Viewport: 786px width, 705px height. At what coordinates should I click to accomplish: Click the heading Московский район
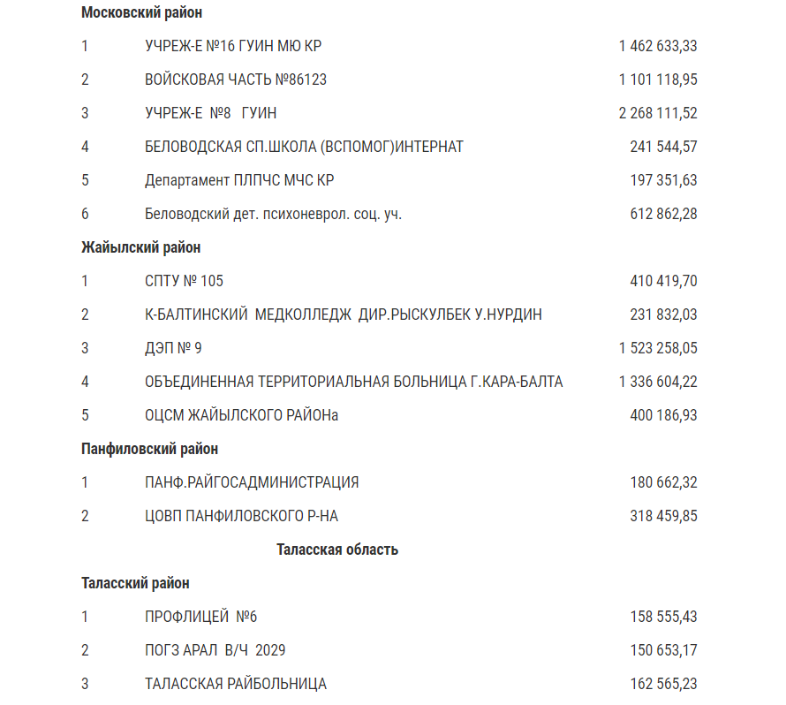[x=141, y=12]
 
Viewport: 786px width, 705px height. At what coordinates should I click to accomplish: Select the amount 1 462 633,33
[x=658, y=46]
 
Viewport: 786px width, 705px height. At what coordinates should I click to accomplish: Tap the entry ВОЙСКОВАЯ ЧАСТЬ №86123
[x=236, y=80]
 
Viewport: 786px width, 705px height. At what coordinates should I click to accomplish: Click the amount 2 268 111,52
[x=658, y=113]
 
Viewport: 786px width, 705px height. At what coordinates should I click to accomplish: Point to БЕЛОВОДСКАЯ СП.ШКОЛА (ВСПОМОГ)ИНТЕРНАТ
[x=304, y=147]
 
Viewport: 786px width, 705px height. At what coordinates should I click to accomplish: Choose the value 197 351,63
[x=663, y=180]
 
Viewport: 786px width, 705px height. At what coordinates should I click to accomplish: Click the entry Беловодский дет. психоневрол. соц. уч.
[x=273, y=214]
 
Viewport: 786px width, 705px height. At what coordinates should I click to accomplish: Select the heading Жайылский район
[x=140, y=247]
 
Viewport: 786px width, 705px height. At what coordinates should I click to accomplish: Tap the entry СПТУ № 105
[x=184, y=281]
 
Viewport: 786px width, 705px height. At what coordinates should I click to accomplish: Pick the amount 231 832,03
[x=663, y=315]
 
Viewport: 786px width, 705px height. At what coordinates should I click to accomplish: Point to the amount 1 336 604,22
[x=658, y=382]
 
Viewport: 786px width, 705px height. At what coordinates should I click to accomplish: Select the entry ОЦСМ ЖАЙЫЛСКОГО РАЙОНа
[x=241, y=415]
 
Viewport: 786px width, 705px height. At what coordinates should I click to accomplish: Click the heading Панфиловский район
[x=149, y=449]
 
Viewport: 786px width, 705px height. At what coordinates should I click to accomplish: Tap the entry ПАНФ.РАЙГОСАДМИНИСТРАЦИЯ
[x=252, y=482]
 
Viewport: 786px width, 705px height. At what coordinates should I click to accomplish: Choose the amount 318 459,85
[x=663, y=516]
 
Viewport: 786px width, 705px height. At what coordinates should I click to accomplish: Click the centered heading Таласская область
[x=336, y=550]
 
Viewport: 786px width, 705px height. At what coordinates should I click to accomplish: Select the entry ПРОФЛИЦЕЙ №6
[x=200, y=617]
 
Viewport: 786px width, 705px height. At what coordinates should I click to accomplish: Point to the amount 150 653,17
[x=663, y=650]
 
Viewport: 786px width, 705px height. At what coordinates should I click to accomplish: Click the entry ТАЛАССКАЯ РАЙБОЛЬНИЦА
[x=235, y=684]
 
